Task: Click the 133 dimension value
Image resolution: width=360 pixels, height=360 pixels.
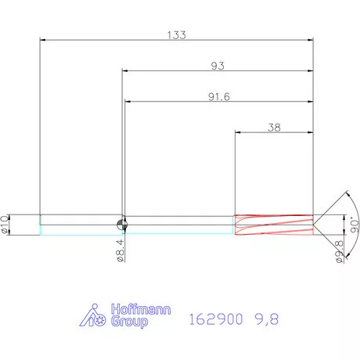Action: tap(177, 35)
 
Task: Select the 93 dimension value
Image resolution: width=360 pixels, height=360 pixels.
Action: tap(218, 66)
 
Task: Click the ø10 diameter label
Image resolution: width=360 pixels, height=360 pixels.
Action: tap(6, 224)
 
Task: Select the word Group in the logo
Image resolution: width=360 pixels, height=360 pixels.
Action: tap(127, 321)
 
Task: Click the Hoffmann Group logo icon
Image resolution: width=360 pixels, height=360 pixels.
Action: tap(95, 315)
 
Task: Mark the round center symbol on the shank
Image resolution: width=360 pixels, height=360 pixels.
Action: tap(123, 224)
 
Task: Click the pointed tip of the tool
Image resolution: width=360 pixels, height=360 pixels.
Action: tap(316, 225)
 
